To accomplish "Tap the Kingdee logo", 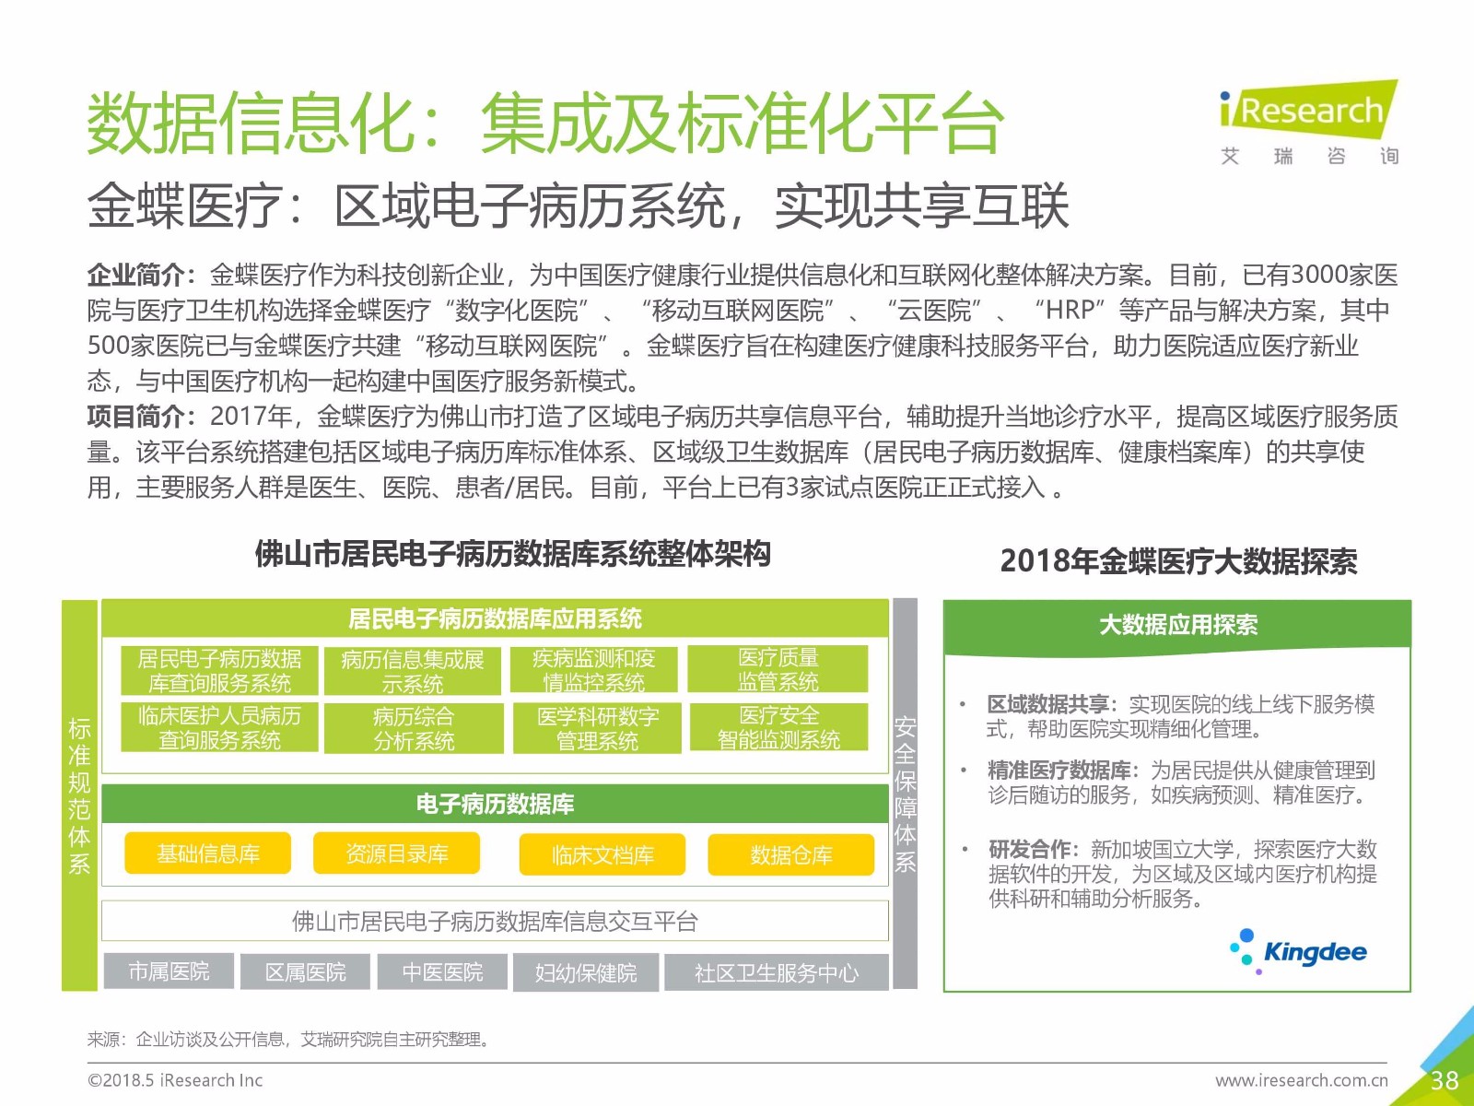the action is click(1298, 952).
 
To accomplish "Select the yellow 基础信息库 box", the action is click(208, 853).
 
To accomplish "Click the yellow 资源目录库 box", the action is click(397, 853).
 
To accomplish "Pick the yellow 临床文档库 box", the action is click(602, 854).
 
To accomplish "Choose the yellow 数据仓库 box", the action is click(791, 854).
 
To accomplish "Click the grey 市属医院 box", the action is click(170, 971).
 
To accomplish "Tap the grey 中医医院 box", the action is click(442, 971).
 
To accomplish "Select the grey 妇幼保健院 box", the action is click(586, 972).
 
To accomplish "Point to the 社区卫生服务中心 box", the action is click(777, 972).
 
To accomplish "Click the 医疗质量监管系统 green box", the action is click(778, 669).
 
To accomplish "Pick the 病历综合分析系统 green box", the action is click(414, 728).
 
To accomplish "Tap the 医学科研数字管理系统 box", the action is click(597, 728).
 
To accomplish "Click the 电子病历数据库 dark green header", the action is click(495, 803).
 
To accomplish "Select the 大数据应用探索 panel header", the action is click(1177, 626).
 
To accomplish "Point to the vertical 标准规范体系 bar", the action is click(79, 795).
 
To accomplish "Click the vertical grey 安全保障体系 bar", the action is click(905, 794).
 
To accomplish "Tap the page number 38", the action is click(1445, 1080).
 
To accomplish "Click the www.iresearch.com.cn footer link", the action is click(1301, 1080).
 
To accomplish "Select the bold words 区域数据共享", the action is click(1047, 704).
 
